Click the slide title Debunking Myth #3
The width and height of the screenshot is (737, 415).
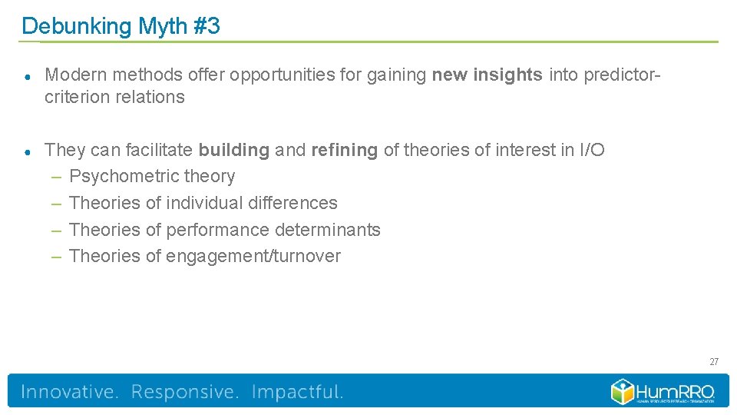[x=121, y=26]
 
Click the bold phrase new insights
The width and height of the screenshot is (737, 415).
[x=487, y=75]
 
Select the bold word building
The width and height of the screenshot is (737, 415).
[x=233, y=150]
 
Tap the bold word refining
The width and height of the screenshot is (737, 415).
[x=344, y=150]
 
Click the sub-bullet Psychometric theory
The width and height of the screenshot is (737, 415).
[x=152, y=177]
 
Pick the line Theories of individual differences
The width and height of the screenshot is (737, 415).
[x=203, y=203]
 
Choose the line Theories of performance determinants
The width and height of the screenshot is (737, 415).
[x=224, y=230]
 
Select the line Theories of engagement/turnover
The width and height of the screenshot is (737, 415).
[x=204, y=256]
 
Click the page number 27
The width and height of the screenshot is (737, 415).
[x=713, y=361]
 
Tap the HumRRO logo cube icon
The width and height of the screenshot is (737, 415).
[x=623, y=391]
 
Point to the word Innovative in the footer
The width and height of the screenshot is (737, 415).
[x=69, y=392]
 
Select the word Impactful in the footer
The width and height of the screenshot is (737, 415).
[x=297, y=392]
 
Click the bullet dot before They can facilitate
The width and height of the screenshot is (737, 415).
[x=27, y=151]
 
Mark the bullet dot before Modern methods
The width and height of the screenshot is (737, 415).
[x=27, y=76]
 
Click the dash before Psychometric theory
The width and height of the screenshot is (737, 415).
[x=56, y=178]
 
